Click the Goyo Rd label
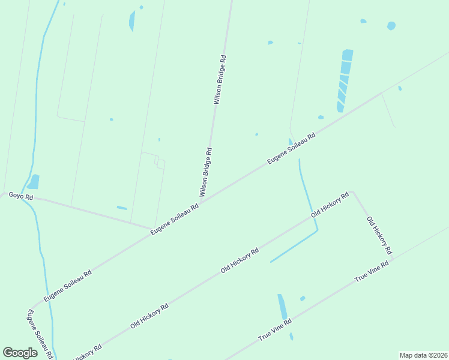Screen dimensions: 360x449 21,197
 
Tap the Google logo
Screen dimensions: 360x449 20,353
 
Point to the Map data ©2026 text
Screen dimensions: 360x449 423,355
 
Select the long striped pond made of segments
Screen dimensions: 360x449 344,80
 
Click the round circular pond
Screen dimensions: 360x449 391,26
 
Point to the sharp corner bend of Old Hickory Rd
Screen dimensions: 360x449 353,192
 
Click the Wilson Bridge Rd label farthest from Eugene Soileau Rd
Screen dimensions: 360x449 220,80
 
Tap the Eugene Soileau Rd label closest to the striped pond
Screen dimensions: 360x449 291,148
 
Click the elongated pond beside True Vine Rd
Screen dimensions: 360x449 282,307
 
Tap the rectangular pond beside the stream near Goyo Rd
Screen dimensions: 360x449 34,181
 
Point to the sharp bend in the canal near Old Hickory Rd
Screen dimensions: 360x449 317,230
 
